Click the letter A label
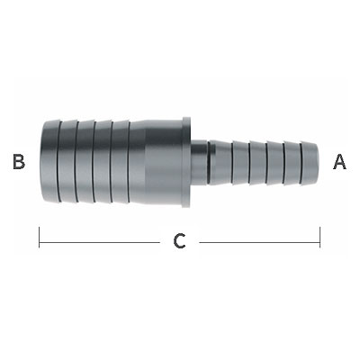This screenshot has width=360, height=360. pos(339,162)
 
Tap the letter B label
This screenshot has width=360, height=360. pos(19,162)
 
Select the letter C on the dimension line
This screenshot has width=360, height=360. pos(179,241)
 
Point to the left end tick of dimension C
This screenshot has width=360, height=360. pos(40,238)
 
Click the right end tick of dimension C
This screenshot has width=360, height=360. pos(320,238)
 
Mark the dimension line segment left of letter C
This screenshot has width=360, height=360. pos(99,242)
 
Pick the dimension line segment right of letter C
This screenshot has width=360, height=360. pos(259,242)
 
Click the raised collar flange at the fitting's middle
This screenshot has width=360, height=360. pos(186,162)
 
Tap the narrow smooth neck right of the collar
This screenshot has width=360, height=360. pos(199,162)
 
